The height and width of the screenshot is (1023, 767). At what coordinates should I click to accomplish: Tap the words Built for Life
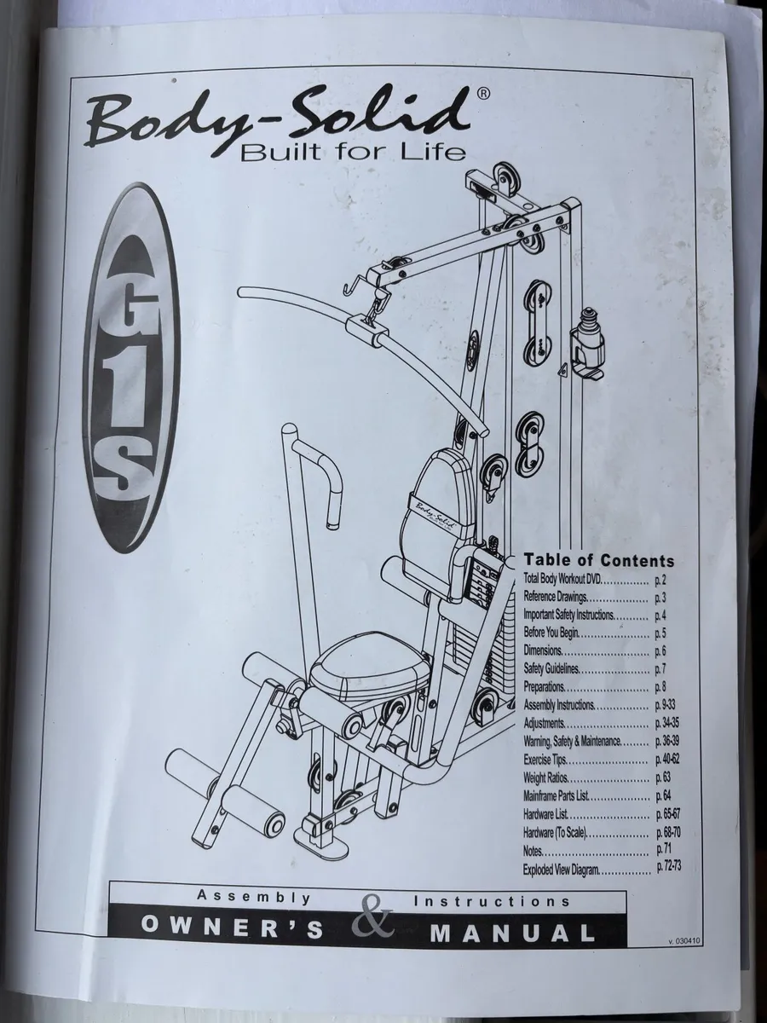click(x=354, y=153)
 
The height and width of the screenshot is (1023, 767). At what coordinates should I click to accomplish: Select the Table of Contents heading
click(x=598, y=560)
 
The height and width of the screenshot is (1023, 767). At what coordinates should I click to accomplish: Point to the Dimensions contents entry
click(x=543, y=650)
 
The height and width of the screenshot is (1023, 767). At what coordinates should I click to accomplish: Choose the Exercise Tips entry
click(x=546, y=760)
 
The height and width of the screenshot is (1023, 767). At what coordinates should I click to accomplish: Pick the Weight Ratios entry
click(x=547, y=778)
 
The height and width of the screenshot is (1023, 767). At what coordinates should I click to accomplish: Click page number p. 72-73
click(x=670, y=868)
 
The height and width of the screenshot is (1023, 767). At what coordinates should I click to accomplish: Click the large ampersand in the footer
click(x=372, y=919)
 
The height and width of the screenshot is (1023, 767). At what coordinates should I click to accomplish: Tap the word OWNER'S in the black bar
click(x=233, y=929)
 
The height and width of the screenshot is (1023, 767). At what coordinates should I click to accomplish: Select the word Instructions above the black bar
click(x=492, y=900)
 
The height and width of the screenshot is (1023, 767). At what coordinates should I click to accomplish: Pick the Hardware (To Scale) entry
click(x=555, y=832)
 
